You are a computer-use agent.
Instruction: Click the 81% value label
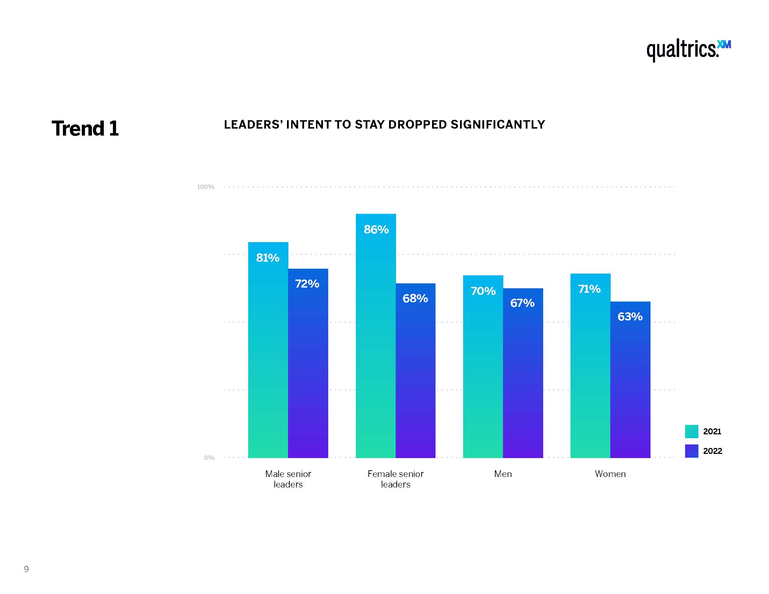point(268,258)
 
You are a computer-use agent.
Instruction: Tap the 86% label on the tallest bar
point(376,230)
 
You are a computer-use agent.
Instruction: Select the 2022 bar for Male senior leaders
point(308,369)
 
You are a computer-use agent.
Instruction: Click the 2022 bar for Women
point(630,387)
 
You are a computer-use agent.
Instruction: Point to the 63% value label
point(630,317)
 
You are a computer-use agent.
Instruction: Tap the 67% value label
point(523,303)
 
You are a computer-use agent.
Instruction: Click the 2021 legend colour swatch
point(691,432)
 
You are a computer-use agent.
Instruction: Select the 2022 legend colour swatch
point(691,451)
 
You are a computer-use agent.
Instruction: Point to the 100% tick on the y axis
point(206,187)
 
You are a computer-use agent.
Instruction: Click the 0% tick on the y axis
point(209,457)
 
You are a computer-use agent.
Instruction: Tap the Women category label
point(610,474)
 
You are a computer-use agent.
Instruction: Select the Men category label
point(503,474)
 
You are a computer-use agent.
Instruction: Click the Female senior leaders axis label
point(395,479)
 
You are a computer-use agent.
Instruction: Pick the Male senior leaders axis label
point(288,479)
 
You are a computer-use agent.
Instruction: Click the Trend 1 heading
point(85,129)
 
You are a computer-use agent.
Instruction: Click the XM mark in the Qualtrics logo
point(724,45)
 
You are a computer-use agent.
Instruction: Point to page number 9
point(27,569)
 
